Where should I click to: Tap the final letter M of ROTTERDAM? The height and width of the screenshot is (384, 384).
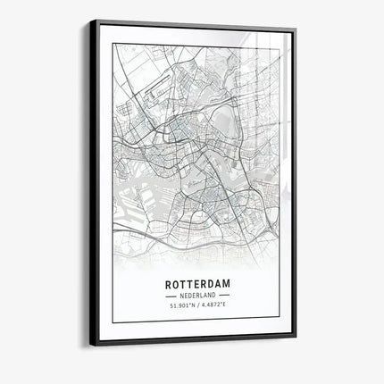pyautogui.click(x=226, y=286)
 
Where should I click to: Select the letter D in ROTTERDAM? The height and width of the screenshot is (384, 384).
pyautogui.click(x=206, y=286)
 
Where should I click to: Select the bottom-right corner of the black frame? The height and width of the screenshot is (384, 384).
pyautogui.click(x=296, y=338)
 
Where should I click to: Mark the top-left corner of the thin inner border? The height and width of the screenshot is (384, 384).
pyautogui.click(x=113, y=43)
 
